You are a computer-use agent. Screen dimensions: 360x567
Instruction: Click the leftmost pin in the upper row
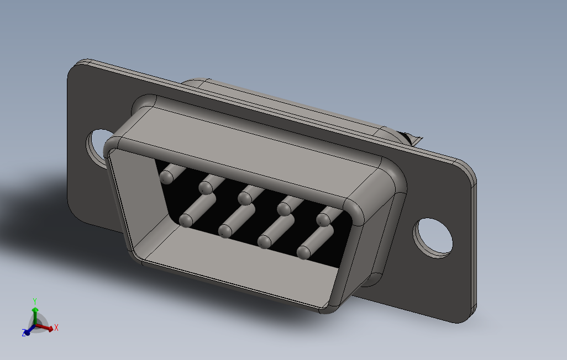click(166, 177)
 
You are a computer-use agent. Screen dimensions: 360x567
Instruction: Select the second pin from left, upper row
click(206, 188)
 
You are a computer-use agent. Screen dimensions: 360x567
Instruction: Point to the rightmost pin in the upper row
click(323, 219)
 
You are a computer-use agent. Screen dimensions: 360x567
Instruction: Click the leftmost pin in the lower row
click(186, 221)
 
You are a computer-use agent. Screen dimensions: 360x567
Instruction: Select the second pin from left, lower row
click(225, 231)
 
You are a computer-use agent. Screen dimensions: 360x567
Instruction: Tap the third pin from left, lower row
click(265, 241)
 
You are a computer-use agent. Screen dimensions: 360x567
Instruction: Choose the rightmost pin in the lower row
click(304, 252)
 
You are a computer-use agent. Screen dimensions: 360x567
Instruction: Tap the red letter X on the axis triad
click(56, 327)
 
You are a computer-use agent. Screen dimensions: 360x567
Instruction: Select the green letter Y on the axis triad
click(34, 301)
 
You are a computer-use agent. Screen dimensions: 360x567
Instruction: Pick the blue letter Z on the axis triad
click(24, 333)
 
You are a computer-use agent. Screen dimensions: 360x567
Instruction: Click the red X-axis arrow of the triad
click(48, 328)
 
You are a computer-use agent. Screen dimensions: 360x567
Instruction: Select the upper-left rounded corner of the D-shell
click(113, 144)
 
